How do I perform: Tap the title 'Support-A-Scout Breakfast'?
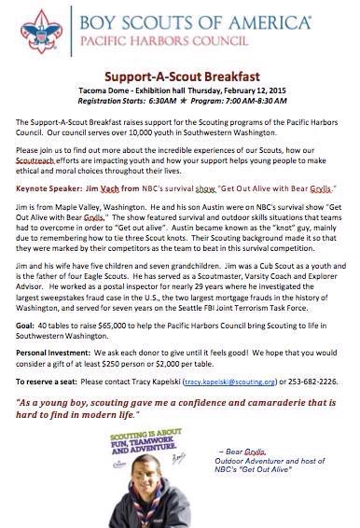(179, 83)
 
